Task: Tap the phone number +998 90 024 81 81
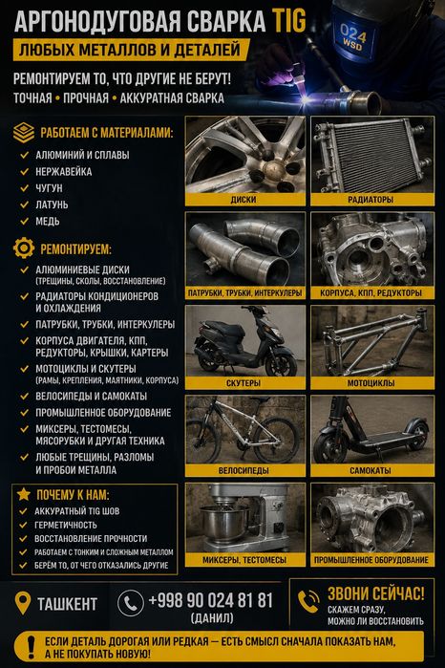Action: [210, 600]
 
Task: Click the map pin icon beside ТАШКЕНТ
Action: [23, 602]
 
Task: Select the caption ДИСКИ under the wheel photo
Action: [244, 200]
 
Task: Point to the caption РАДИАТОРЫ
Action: [371, 200]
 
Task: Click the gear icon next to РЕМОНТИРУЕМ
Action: [24, 248]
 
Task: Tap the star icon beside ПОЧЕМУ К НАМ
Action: [24, 494]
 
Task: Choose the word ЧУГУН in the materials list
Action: [49, 188]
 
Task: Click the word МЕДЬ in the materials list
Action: [48, 221]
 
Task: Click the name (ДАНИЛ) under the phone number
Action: [212, 617]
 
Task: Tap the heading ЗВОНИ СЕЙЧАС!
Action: [376, 593]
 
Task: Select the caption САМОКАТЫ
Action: [371, 471]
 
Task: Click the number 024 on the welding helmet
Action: [353, 32]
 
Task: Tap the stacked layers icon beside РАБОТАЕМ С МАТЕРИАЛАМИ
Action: [24, 133]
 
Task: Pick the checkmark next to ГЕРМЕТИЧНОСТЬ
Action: [24, 525]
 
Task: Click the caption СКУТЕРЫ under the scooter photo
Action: [244, 383]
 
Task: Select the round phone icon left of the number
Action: [130, 603]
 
